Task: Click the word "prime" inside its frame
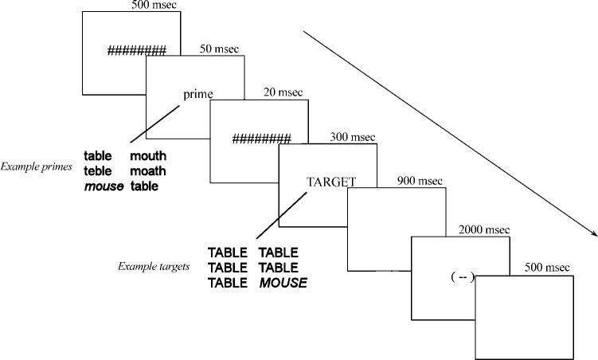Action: click(x=198, y=94)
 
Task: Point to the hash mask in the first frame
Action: click(x=137, y=52)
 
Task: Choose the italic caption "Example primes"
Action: click(x=37, y=167)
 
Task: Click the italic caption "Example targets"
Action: click(x=152, y=266)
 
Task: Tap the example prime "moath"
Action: click(x=148, y=171)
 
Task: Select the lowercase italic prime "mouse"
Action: click(x=104, y=186)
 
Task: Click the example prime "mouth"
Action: click(x=148, y=156)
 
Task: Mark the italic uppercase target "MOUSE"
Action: click(x=282, y=283)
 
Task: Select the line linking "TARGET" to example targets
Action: click(x=279, y=213)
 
